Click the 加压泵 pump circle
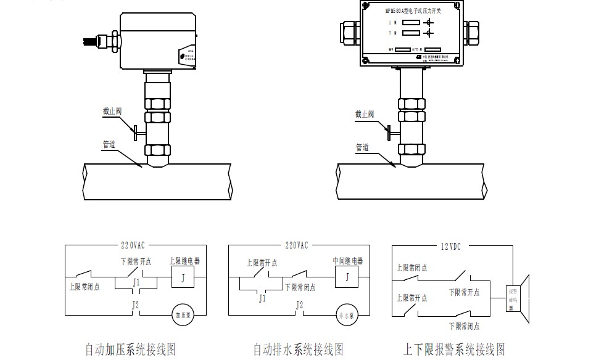[182, 313]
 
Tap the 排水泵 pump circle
[347, 314]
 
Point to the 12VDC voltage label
[451, 246]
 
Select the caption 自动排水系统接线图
[298, 350]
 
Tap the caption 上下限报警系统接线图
[454, 350]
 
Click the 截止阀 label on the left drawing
[112, 112]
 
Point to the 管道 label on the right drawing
[362, 147]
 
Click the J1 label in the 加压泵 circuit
[136, 282]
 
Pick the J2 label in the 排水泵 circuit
[300, 305]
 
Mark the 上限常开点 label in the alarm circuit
[412, 298]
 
